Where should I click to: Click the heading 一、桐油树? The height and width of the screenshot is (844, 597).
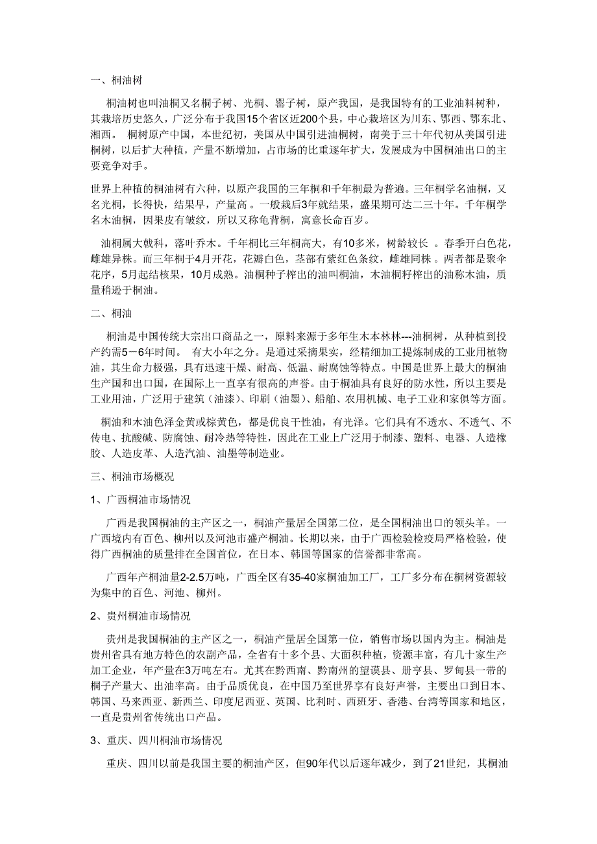pos(116,81)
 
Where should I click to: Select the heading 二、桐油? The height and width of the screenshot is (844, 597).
pos(112,314)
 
